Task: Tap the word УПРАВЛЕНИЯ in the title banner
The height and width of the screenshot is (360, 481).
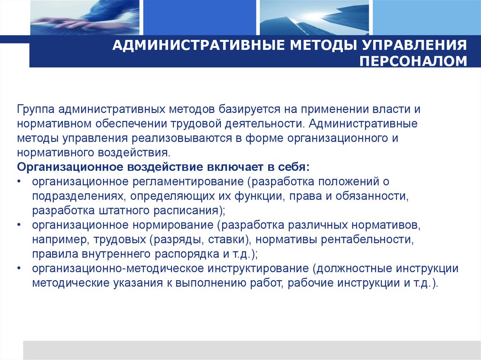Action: [x=413, y=46]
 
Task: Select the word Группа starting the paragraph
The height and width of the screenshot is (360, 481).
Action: [x=36, y=109]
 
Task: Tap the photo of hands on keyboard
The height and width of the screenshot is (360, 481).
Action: [x=85, y=16]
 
